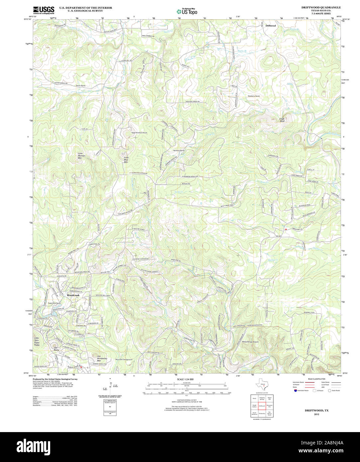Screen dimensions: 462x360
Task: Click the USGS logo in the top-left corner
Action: pos(44,10)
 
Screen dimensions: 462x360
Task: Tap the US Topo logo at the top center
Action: pos(187,11)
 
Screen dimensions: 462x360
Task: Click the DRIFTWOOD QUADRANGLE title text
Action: pos(321,7)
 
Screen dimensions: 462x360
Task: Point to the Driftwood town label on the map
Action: pos(271,26)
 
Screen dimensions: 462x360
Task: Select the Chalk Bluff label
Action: pos(282,120)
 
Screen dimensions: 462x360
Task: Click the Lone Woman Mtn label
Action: pos(82,156)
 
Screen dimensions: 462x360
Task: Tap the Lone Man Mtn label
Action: pos(126,160)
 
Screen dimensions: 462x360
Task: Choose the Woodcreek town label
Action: pos(73,295)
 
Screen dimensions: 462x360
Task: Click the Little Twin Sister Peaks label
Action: pos(37,341)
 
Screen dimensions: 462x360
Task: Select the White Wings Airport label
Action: pos(250,342)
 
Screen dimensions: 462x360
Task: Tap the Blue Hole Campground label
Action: pos(124,360)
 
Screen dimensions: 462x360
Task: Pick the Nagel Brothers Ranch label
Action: pos(139,133)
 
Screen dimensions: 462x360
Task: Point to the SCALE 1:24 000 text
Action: pos(185,379)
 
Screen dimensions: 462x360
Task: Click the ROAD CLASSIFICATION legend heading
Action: pos(316,379)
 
